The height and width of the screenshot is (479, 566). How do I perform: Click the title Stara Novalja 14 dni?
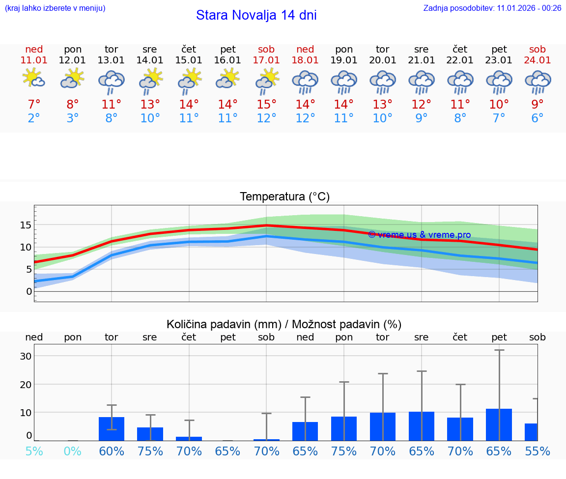pos(256,15)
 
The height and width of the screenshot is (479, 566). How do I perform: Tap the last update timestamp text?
pos(492,8)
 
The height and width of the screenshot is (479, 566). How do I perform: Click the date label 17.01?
pos(266,60)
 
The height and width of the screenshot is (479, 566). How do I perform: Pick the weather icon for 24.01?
pos(538,82)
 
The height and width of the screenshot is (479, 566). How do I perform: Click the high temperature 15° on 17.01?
pos(266,105)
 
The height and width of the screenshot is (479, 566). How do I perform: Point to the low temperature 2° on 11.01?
pos(34,118)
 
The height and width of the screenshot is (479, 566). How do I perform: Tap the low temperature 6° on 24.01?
pos(538,118)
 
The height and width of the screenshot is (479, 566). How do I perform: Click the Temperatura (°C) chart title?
pos(284,197)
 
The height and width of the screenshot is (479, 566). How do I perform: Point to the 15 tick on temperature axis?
pos(26,225)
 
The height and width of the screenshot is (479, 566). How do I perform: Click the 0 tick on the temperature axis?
pos(29,291)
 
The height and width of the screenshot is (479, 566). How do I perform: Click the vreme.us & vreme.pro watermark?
pos(419,235)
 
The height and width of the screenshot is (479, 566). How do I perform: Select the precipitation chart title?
pos(284,324)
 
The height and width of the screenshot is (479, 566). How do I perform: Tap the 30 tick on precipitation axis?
pos(26,356)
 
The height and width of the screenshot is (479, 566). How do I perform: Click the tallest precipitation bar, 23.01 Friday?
pos(499,424)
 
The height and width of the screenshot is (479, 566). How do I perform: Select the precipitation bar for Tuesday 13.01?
pos(112,428)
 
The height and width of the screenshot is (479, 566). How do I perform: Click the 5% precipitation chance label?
pos(34,451)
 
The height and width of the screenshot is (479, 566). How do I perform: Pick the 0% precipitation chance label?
pos(73,451)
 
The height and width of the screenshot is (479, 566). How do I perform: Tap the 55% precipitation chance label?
pos(538,451)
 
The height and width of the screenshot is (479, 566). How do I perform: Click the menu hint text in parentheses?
pos(55,8)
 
